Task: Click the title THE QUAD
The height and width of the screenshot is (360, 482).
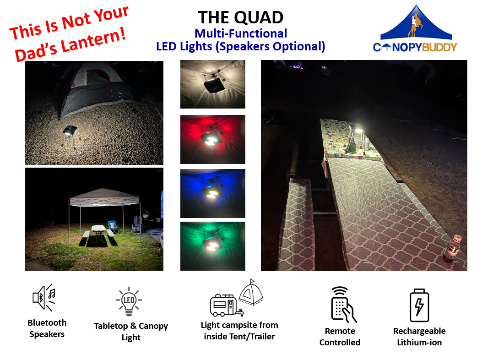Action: (x=240, y=17)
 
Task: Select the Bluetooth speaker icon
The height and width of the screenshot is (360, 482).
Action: (x=44, y=298)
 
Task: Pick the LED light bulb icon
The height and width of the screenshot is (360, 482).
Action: (x=129, y=301)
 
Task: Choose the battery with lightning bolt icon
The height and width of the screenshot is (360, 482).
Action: (x=419, y=305)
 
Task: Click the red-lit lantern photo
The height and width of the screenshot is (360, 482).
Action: (x=212, y=139)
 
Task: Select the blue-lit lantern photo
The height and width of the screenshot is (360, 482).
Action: (x=212, y=193)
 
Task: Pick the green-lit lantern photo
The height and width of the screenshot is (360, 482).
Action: (x=212, y=246)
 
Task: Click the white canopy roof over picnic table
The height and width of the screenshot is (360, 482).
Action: (x=104, y=197)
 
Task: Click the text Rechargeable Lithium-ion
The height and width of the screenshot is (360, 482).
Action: (x=419, y=337)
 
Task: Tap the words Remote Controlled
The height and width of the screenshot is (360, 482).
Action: (x=340, y=337)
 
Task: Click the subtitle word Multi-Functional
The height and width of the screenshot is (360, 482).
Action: (x=240, y=33)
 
